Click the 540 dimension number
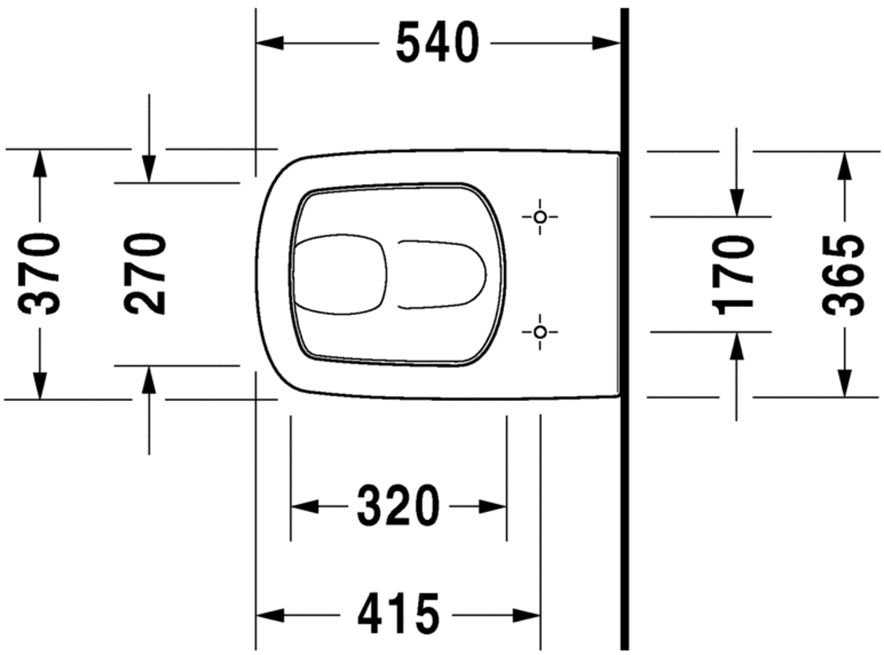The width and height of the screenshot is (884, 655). (x=437, y=43)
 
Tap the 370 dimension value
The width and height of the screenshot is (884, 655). (x=39, y=274)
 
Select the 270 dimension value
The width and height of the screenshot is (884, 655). (x=145, y=274)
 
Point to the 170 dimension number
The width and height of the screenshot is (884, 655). (x=734, y=275)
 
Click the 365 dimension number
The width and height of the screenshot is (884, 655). (x=843, y=274)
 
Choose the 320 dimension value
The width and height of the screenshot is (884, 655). (x=398, y=506)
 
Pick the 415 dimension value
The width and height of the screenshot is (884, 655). (x=398, y=614)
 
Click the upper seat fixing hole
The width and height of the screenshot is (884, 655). (x=540, y=216)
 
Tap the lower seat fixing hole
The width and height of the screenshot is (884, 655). (x=540, y=331)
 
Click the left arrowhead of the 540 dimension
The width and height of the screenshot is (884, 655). (x=269, y=43)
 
